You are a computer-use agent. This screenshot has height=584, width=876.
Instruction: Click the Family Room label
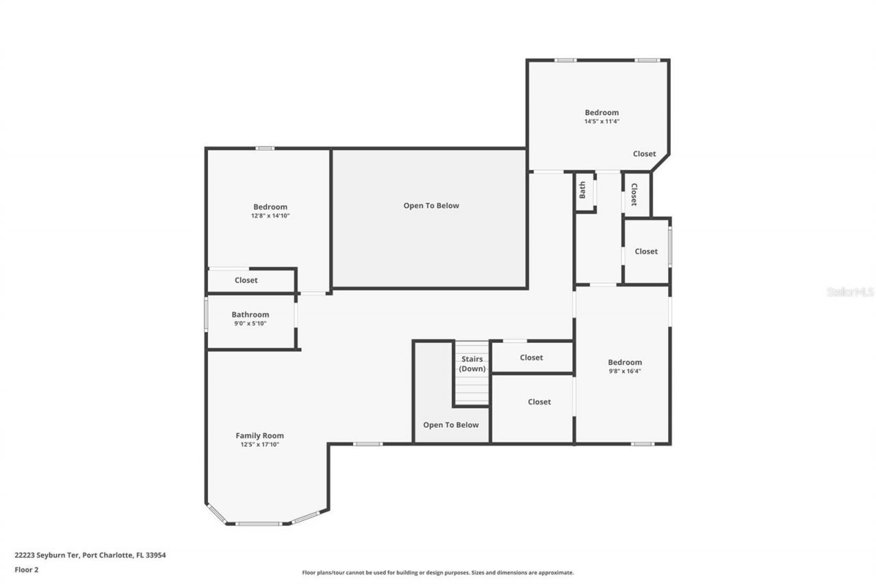click(x=259, y=435)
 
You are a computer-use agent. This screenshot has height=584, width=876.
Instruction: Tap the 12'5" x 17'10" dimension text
click(x=259, y=444)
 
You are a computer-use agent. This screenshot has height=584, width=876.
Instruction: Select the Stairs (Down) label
click(x=472, y=364)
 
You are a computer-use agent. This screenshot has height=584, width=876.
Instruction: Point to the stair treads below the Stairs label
click(x=472, y=392)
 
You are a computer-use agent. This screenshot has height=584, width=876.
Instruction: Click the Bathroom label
click(x=250, y=315)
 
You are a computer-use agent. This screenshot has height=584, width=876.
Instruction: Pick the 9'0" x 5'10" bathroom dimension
click(x=250, y=323)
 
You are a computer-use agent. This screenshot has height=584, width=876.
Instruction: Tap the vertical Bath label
click(x=582, y=190)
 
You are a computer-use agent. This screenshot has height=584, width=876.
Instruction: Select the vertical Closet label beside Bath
click(x=634, y=194)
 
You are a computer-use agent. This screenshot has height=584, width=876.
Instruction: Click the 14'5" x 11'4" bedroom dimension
click(x=602, y=121)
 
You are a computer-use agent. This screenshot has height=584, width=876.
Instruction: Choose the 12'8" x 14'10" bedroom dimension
click(x=270, y=216)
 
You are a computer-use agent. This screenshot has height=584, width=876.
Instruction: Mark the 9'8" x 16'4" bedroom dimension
click(x=625, y=371)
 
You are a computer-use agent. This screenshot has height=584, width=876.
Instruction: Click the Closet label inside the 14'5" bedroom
click(x=644, y=154)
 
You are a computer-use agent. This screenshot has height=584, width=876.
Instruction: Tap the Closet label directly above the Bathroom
click(x=246, y=280)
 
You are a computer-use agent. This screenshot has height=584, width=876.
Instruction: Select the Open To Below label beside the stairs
click(x=450, y=425)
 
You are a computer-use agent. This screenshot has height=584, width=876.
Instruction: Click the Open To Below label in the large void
click(x=430, y=205)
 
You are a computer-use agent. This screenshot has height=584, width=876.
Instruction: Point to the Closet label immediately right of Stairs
click(x=531, y=357)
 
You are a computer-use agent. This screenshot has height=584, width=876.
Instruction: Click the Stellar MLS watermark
click(x=850, y=292)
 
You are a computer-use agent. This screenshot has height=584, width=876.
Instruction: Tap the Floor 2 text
click(x=26, y=569)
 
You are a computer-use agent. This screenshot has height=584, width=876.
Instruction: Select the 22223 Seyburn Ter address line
click(x=90, y=555)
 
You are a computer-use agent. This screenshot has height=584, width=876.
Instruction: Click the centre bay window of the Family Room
click(x=259, y=524)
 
